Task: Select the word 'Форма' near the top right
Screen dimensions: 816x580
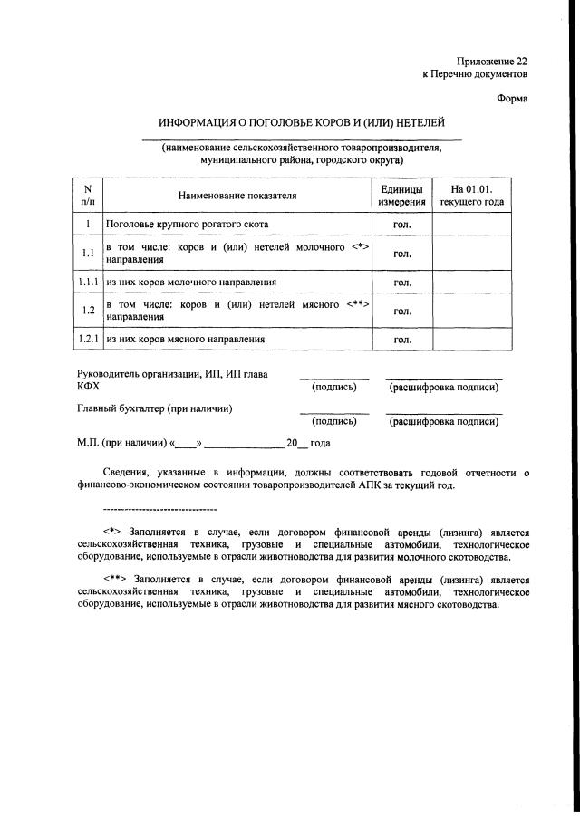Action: click(x=512, y=98)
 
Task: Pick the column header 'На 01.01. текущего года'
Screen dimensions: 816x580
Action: click(x=471, y=196)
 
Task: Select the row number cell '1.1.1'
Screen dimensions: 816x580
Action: click(x=88, y=283)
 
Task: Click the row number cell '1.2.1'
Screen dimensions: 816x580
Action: click(x=88, y=340)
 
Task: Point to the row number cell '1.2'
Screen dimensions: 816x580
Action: click(x=88, y=312)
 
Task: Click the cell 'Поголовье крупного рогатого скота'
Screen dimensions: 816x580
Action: click(x=187, y=223)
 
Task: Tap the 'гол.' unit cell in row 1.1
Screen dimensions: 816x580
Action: click(x=401, y=254)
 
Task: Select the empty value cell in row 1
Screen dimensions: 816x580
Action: click(x=471, y=223)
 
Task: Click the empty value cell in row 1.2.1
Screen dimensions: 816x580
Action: click(x=471, y=340)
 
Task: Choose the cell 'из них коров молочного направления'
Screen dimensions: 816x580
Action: click(x=191, y=283)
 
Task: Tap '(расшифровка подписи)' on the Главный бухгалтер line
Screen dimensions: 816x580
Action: click(x=443, y=421)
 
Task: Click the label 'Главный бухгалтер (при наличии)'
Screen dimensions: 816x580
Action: click(x=155, y=408)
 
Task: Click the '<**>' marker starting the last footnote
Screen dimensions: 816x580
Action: click(x=116, y=578)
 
